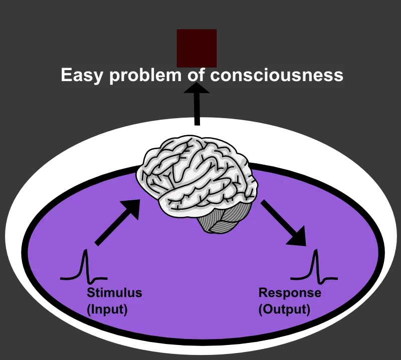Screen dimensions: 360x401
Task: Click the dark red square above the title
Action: tap(196, 48)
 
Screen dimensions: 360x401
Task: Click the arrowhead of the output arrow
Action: tap(299, 238)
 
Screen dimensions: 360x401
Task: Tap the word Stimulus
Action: tap(114, 293)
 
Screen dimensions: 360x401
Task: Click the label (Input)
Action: tap(107, 309)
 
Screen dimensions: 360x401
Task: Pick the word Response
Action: tap(289, 293)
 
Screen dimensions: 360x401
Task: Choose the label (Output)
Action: tap(284, 309)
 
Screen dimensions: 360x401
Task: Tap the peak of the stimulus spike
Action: tap(85, 250)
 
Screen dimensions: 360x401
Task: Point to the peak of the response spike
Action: tap(315, 250)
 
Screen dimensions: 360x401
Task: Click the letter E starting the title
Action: tap(65, 75)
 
